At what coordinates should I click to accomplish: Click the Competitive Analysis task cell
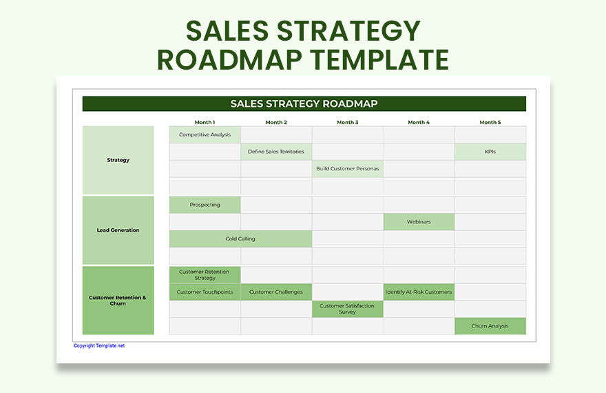click(205, 134)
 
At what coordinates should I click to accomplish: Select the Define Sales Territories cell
click(276, 152)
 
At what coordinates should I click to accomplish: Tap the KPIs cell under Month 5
click(490, 152)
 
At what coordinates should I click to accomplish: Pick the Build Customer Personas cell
click(347, 169)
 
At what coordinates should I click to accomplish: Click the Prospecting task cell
click(205, 205)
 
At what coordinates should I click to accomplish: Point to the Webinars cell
click(419, 222)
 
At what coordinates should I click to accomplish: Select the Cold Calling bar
click(240, 239)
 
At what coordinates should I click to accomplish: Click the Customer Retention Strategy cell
click(205, 275)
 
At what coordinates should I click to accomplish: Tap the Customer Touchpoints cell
click(205, 292)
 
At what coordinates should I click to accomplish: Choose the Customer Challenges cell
click(276, 292)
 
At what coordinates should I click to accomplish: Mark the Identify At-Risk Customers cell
click(419, 292)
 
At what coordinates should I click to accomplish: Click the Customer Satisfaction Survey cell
click(347, 309)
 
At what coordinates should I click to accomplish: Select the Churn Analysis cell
click(490, 326)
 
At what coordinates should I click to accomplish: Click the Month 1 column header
click(205, 122)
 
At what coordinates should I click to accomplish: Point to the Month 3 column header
click(347, 122)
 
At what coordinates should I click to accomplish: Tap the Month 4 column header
click(419, 122)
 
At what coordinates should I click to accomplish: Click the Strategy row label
click(118, 160)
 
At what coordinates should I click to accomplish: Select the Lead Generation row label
click(118, 230)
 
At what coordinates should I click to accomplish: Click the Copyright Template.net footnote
click(99, 345)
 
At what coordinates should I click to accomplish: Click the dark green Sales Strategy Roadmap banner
click(304, 103)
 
